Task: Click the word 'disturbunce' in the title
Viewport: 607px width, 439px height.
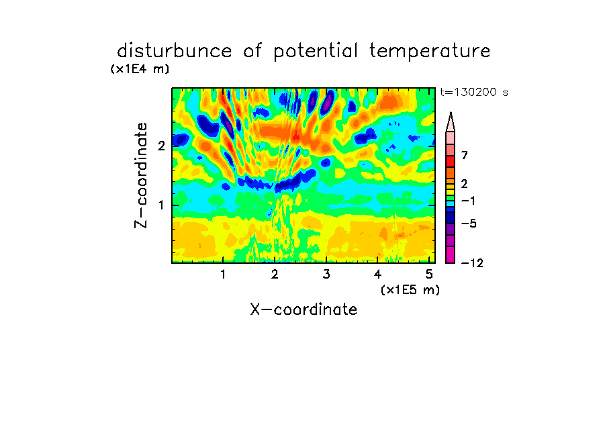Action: (174, 51)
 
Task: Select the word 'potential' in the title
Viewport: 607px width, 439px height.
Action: (315, 52)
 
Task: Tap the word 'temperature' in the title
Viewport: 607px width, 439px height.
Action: (430, 52)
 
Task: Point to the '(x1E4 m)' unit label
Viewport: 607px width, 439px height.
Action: (140, 69)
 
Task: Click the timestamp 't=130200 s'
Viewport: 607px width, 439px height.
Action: (474, 93)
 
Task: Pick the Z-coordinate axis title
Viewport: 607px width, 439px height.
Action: (141, 175)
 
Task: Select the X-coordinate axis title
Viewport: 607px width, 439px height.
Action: (303, 309)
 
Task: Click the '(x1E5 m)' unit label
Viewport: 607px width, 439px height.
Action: (410, 290)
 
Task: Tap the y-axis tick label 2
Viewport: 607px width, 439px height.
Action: (161, 146)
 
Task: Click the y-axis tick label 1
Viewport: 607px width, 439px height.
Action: (161, 205)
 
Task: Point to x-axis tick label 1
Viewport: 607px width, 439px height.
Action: (224, 275)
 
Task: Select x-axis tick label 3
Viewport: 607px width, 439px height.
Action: (326, 275)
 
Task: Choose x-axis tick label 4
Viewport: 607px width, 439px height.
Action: (377, 275)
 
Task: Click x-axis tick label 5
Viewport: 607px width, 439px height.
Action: (429, 275)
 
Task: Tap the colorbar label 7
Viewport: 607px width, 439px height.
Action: (465, 156)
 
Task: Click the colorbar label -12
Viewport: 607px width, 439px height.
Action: (472, 263)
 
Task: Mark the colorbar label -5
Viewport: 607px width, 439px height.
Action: (469, 224)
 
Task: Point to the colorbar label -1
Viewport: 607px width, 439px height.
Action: (468, 201)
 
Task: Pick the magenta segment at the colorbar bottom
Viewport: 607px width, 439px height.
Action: (451, 255)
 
